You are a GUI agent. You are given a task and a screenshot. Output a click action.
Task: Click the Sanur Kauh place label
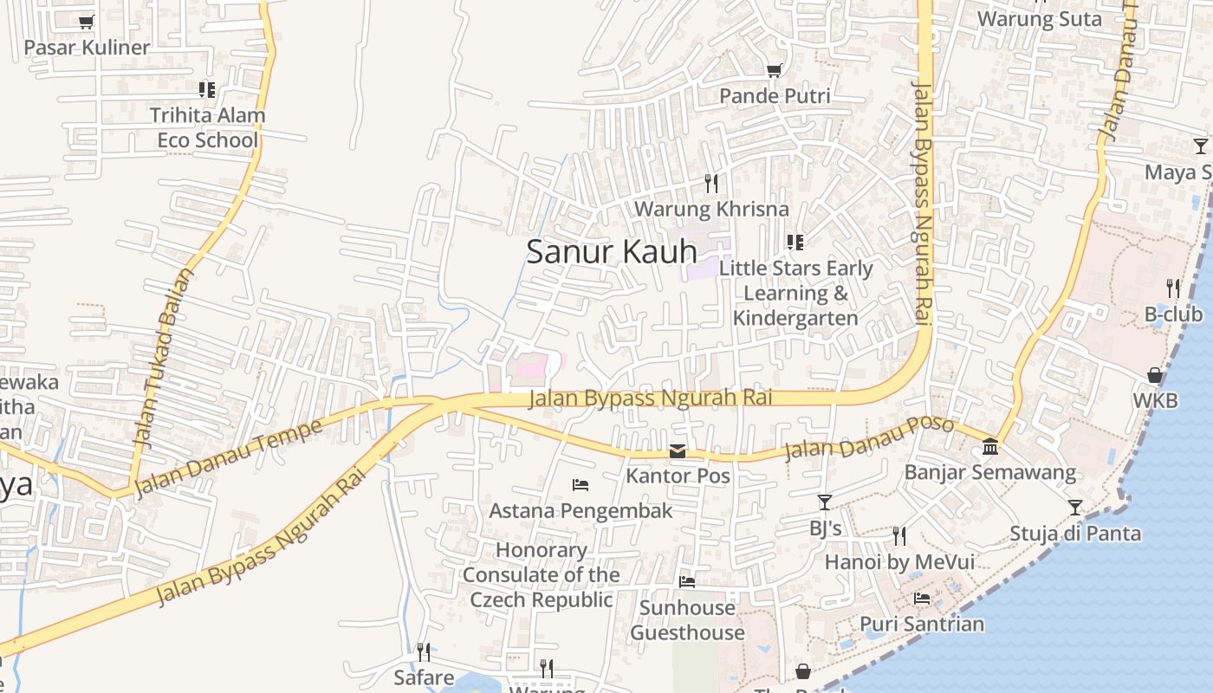click(612, 251)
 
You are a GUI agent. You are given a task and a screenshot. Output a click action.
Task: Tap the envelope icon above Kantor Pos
click(678, 451)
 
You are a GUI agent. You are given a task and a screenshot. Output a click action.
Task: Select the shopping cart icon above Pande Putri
click(774, 70)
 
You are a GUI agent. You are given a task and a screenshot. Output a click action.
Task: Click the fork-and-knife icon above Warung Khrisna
click(711, 183)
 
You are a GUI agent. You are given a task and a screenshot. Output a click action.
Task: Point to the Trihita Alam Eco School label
click(208, 127)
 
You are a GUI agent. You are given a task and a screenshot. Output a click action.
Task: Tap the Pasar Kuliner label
click(87, 48)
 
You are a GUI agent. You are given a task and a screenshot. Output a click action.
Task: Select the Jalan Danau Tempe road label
click(229, 457)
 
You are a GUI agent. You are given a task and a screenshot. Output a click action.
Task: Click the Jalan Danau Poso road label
click(869, 438)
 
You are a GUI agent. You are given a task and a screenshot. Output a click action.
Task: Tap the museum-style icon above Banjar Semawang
click(989, 447)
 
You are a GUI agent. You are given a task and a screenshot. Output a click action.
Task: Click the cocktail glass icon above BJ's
click(825, 502)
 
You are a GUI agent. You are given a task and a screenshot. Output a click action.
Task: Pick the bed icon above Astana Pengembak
click(581, 484)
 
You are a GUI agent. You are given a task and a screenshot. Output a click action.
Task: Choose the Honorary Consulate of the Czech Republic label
click(542, 574)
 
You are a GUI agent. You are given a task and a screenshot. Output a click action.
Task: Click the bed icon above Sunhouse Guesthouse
click(687, 581)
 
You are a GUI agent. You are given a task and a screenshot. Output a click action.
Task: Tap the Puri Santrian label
click(922, 624)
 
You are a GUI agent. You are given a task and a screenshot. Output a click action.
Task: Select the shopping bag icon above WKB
click(1155, 375)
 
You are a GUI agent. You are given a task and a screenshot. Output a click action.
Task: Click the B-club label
click(1173, 314)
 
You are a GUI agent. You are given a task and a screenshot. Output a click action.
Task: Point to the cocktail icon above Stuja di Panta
click(1075, 507)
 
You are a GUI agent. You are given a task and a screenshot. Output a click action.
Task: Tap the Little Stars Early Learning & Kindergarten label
click(795, 293)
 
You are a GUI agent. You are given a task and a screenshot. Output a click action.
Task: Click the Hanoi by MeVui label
click(899, 562)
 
